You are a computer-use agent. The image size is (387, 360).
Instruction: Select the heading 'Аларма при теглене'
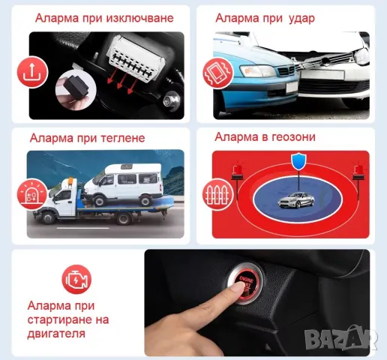[x=87, y=138]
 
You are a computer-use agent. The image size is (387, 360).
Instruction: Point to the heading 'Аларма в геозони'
[x=265, y=136]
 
